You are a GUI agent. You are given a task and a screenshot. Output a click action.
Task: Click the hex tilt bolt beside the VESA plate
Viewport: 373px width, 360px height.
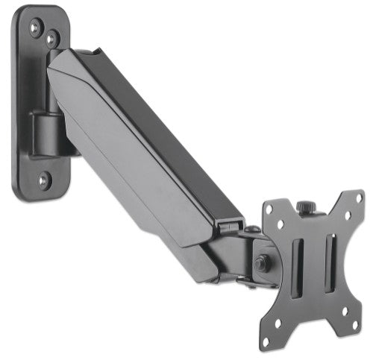(x=262, y=263)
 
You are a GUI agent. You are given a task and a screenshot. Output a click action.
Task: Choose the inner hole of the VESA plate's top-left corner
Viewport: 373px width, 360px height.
(x=281, y=224)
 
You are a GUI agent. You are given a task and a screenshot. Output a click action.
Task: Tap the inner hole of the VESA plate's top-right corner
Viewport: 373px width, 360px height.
(x=346, y=215)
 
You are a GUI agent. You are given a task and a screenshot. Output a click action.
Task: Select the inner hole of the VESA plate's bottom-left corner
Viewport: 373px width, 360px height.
(x=288, y=309)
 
